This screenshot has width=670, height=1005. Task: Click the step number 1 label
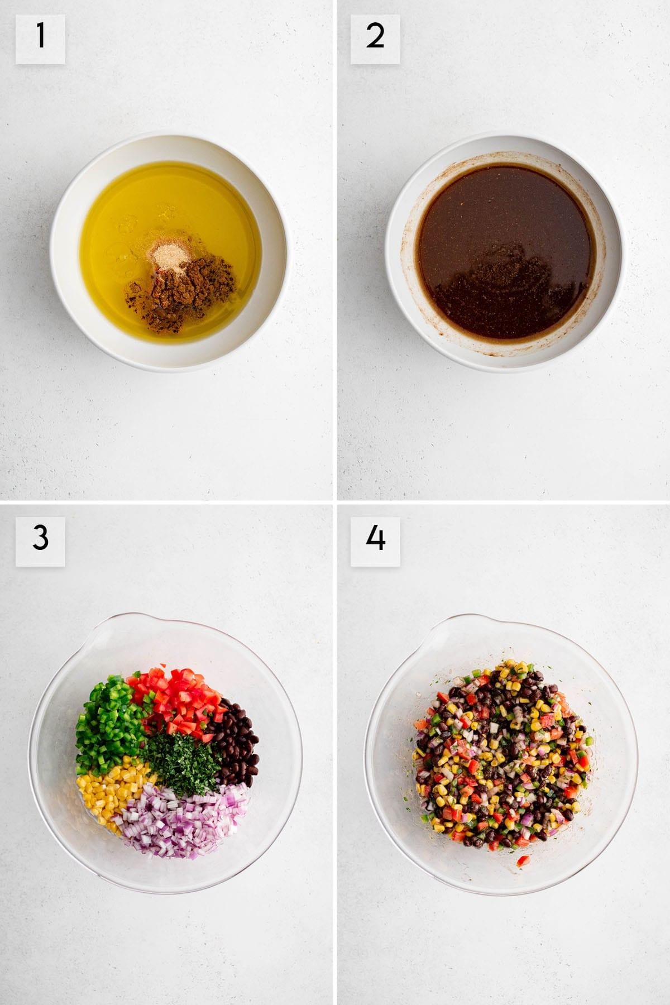click(40, 39)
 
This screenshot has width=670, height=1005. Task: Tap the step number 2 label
click(375, 39)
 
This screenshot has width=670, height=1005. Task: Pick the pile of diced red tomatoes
click(179, 698)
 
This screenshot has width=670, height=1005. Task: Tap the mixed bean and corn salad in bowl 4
click(500, 759)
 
